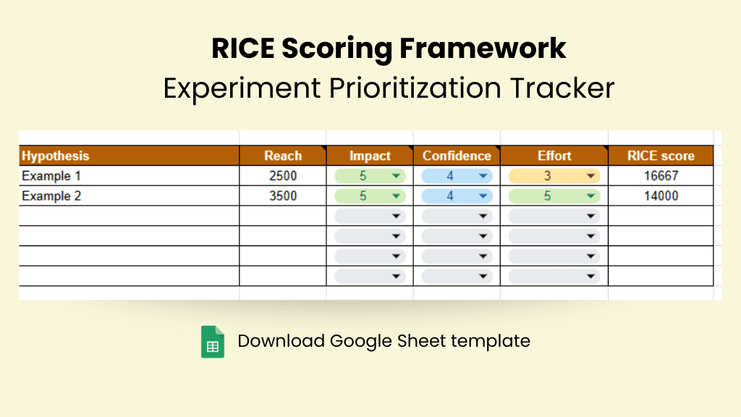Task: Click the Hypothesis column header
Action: point(55,156)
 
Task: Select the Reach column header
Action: point(283,156)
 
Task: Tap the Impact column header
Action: point(370,156)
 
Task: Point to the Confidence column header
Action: point(457,156)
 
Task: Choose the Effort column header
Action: point(554,156)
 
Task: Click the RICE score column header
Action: point(661,156)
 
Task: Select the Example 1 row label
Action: point(51,176)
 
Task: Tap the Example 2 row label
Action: point(51,195)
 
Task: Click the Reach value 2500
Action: point(283,176)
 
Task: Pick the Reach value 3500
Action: point(283,195)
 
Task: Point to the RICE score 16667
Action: point(661,176)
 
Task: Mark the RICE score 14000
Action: point(661,195)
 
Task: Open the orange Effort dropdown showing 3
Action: point(554,176)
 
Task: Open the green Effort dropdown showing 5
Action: point(554,195)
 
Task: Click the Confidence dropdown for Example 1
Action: point(457,176)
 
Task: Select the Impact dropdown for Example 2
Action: point(370,195)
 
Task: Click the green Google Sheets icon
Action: point(213,342)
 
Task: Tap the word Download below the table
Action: point(281,341)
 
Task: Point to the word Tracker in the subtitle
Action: point(562,88)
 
